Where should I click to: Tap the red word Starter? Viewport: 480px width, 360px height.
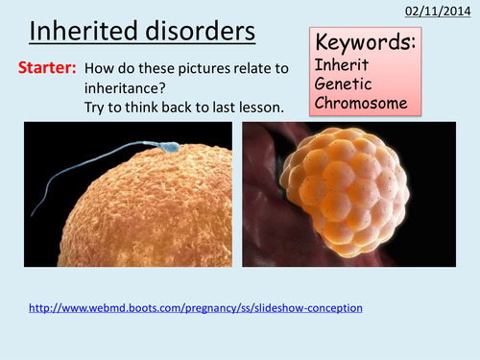coord(48,69)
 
